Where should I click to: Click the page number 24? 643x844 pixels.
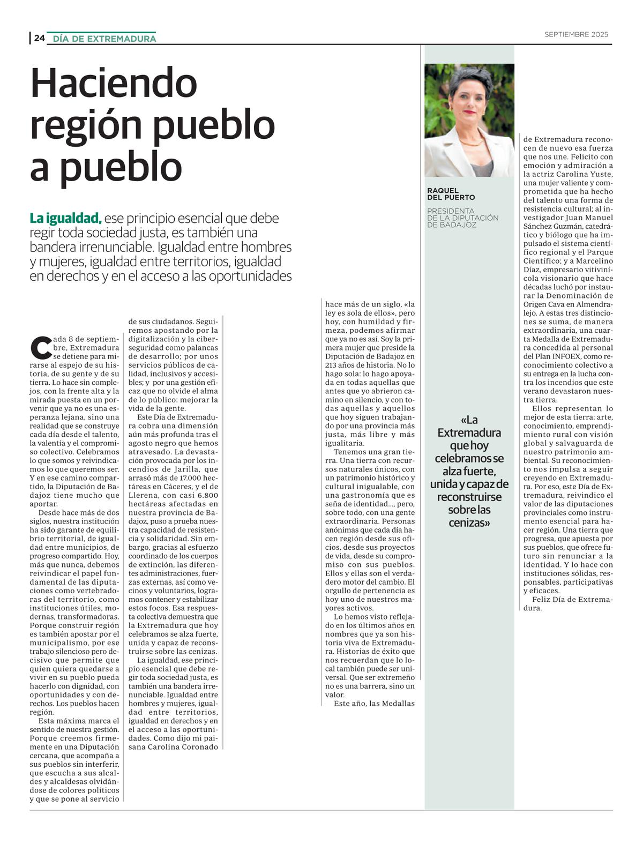point(39,38)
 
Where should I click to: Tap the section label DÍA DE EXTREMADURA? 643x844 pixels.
point(104,39)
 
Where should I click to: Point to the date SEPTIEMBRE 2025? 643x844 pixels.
point(576,34)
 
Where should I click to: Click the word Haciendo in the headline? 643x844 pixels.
point(114,83)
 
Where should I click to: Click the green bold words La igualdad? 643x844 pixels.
point(65,219)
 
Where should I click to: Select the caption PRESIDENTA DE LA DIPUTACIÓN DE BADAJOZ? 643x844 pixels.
point(462,218)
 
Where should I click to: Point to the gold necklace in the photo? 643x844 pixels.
point(470,142)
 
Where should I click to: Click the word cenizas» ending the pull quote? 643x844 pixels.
point(469,522)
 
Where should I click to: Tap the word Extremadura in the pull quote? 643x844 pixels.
point(469,433)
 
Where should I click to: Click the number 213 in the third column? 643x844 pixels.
point(333,365)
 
